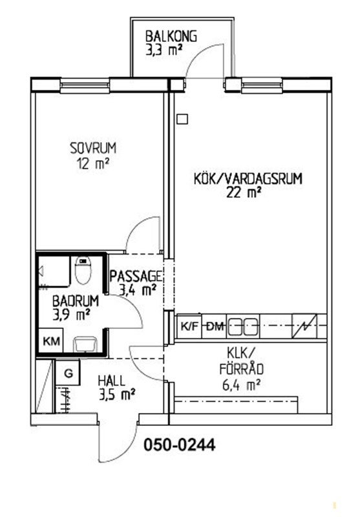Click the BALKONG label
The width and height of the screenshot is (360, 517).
point(171,36)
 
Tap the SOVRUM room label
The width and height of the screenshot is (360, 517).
point(93,148)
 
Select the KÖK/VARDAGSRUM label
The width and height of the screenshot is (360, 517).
point(248,179)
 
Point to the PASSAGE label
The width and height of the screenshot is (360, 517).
point(136,276)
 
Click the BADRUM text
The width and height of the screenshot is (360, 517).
point(76,301)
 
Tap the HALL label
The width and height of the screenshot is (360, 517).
point(111,381)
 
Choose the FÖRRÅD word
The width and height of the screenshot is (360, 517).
point(242,369)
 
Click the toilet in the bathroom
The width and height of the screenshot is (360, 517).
point(83,270)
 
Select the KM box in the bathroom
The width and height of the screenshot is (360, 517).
point(51,341)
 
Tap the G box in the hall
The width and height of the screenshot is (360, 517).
point(68,373)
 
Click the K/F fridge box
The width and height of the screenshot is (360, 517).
point(189,326)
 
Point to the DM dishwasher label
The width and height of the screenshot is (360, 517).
point(215,326)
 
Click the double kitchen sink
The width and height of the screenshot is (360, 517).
point(243,326)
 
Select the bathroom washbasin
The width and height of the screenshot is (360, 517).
point(85,344)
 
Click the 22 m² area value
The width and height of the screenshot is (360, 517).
point(244,193)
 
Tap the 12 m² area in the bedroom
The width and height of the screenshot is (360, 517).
point(93,163)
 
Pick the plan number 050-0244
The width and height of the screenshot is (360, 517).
point(180,445)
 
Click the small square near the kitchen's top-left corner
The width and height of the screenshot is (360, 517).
point(182,119)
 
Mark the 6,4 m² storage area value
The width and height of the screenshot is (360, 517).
point(241,385)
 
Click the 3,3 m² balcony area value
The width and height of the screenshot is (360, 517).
point(164,51)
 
